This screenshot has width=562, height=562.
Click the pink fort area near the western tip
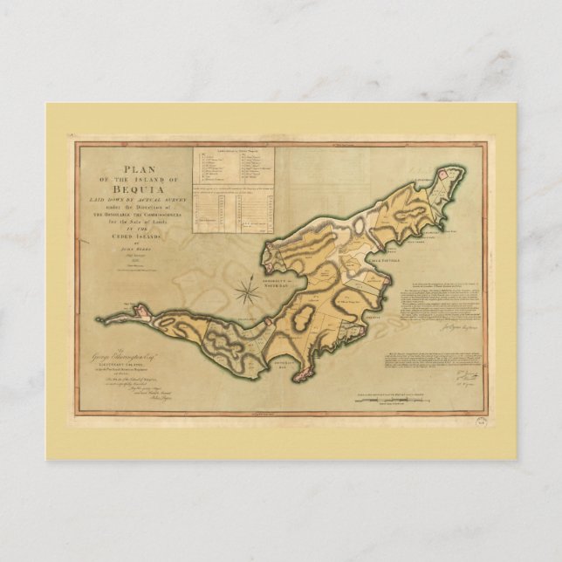[x=136, y=307]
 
